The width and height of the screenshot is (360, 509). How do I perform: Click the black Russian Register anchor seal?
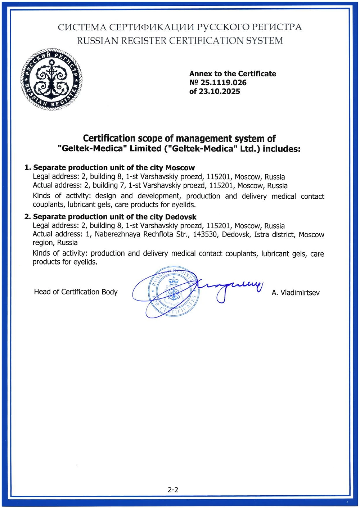[51, 79]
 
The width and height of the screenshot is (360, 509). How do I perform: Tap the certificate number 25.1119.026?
[223, 82]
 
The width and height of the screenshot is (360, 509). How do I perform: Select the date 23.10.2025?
[220, 91]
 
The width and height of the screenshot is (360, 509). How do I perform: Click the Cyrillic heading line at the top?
[180, 27]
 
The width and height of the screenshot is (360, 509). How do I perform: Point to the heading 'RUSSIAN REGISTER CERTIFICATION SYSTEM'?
[180, 41]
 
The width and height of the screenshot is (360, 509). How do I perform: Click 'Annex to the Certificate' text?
[233, 74]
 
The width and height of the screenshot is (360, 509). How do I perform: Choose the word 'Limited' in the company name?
[145, 149]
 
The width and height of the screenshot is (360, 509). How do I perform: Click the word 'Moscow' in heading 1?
[180, 168]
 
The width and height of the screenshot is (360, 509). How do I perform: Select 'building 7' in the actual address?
[105, 185]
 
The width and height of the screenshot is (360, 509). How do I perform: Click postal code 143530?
[205, 235]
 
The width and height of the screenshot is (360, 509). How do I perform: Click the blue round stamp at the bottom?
[173, 292]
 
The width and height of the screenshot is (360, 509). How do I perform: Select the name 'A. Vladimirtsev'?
[295, 293]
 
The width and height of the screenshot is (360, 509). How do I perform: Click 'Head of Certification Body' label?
[76, 292]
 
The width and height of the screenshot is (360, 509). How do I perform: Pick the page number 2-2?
[173, 490]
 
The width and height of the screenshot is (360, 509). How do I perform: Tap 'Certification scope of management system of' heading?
[179, 139]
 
